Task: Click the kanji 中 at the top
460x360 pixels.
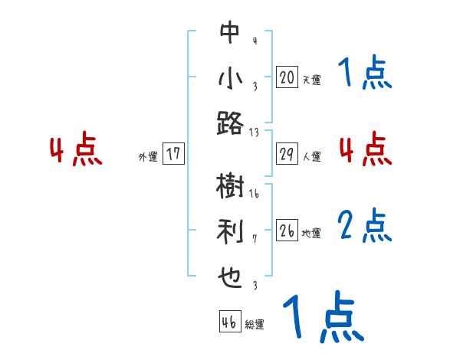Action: tap(230, 32)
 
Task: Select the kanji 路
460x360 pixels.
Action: tap(230, 123)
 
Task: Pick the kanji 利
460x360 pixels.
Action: tap(230, 230)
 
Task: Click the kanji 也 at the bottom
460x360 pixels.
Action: tap(230, 275)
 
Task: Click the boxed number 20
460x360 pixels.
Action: tap(286, 77)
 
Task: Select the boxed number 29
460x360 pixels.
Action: tap(286, 155)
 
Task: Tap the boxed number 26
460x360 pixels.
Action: tap(287, 231)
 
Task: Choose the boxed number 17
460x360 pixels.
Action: tap(173, 154)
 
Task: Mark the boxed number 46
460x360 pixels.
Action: tap(228, 322)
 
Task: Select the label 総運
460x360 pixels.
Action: tap(254, 325)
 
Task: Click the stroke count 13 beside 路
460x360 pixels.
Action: tap(255, 133)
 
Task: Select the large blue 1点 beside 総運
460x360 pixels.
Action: tap(323, 316)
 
